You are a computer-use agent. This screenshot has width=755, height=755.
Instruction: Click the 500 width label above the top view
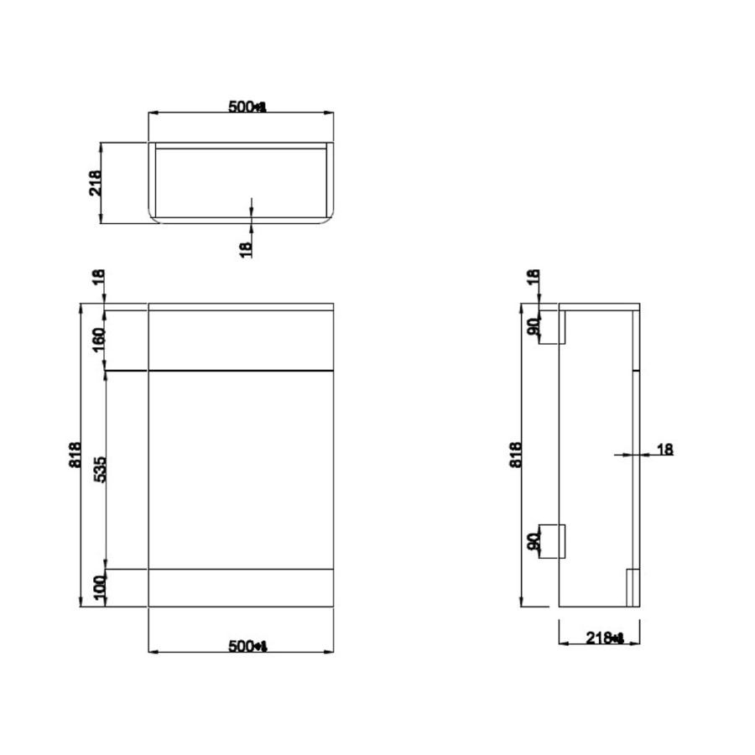coord(247,107)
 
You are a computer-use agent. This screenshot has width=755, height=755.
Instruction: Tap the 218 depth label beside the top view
coord(95,183)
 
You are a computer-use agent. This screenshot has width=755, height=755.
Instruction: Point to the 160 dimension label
coord(98,340)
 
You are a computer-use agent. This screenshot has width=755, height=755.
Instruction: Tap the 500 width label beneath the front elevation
coord(247,646)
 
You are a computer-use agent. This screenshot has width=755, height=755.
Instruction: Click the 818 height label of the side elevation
coord(515,455)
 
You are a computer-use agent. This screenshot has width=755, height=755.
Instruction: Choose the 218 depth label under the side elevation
coord(604,638)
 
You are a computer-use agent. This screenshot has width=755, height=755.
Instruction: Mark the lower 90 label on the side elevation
coord(532,541)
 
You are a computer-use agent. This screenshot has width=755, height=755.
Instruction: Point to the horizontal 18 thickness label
coord(664,450)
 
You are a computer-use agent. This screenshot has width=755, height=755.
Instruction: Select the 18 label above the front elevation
coord(98,280)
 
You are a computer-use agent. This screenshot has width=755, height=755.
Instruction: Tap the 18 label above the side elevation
coord(532,280)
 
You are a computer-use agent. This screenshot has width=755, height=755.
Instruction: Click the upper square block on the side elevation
coord(553,328)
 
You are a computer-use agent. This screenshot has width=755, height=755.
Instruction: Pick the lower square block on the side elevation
coord(553,539)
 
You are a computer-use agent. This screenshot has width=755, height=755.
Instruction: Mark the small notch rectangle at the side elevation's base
coord(633,588)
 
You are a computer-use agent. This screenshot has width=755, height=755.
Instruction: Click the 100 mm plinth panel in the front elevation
coord(241,587)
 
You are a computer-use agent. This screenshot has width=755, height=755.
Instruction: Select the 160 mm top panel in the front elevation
coord(241,340)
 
